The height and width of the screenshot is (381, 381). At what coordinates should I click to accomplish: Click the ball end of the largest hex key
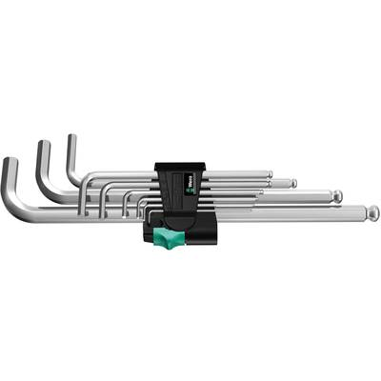[372, 213]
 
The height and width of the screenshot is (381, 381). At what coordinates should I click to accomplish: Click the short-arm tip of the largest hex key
[10, 163]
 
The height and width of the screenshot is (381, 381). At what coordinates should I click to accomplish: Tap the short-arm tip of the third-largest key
[70, 139]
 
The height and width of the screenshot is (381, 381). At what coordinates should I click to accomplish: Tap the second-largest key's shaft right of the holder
[276, 198]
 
